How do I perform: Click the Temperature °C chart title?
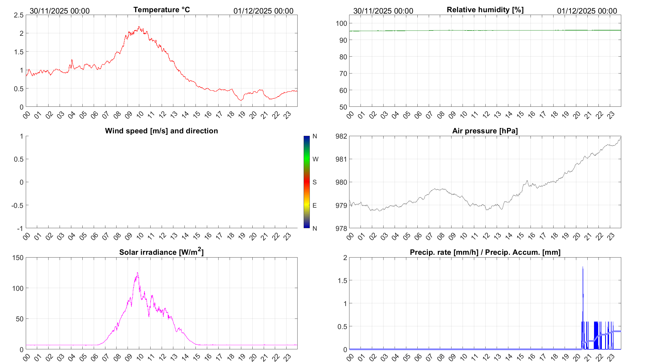tap(161, 10)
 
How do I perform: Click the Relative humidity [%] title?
tap(485, 10)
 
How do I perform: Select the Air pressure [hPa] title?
tap(485, 131)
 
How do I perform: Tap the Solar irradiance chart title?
tap(161, 252)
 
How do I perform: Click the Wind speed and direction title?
tap(161, 131)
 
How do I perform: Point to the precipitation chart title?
tap(485, 252)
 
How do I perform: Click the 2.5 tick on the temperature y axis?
tap(19, 15)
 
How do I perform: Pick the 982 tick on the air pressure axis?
tap(341, 136)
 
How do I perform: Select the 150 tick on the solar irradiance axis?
tap(18, 258)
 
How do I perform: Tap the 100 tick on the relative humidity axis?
tap(341, 23)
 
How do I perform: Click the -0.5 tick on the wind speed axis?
tap(17, 205)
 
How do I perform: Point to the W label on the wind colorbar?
tap(315, 159)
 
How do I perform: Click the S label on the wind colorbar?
tap(314, 182)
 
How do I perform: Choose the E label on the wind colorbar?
tap(314, 205)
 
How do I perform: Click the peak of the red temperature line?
tap(139, 27)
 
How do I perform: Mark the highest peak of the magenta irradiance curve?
tap(137, 273)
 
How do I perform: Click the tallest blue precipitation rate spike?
tap(583, 267)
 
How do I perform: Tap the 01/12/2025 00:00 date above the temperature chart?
tap(263, 11)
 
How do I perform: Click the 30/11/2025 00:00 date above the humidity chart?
tap(383, 11)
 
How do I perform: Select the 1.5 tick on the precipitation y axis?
tap(342, 281)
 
